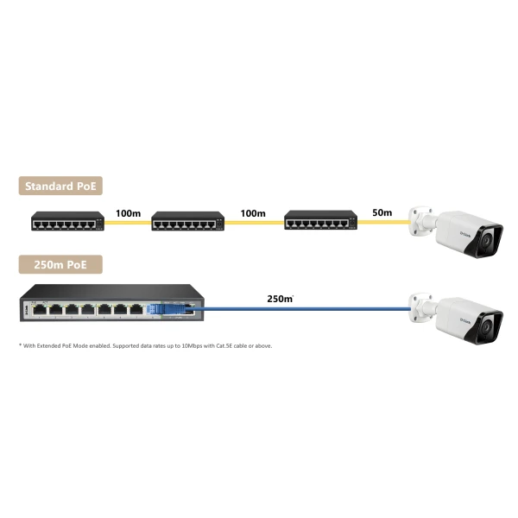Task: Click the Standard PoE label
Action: (60, 186)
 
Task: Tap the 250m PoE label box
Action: (60, 264)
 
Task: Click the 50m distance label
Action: (382, 212)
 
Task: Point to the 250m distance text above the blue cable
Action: (280, 299)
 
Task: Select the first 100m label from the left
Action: (128, 213)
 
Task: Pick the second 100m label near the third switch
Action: (253, 213)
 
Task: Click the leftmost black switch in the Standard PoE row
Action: (67, 221)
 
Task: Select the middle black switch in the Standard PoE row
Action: (188, 221)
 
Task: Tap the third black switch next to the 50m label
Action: (321, 220)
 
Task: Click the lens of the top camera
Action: (486, 240)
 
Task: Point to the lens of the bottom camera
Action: (486, 326)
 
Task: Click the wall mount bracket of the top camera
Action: (421, 221)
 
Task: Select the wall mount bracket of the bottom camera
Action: (421, 307)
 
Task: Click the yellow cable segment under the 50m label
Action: (383, 222)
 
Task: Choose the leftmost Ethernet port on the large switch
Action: (40, 310)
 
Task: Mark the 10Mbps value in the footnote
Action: (192, 346)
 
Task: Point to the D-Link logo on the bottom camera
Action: (465, 320)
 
